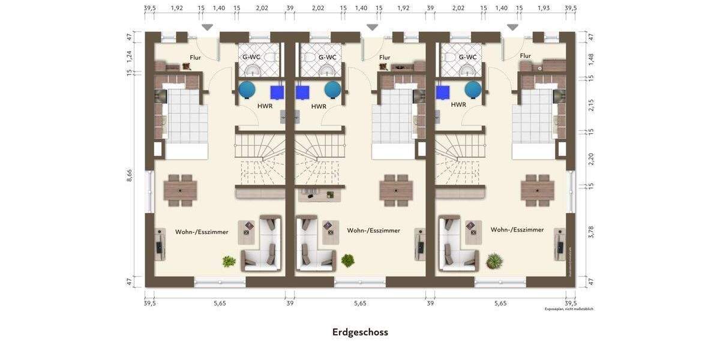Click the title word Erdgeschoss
pos(360,332)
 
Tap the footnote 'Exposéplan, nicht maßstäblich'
pos(569,309)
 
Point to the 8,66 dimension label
pos(130,175)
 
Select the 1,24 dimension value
pos(130,56)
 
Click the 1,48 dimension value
pos(591,59)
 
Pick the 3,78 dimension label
pos(591,232)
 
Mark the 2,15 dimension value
pos(591,105)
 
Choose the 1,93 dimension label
pos(543,8)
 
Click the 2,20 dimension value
pos(591,159)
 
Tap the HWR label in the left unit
pos(265,106)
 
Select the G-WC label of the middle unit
pos(328,58)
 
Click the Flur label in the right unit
pos(525,56)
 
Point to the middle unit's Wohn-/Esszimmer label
pos(373,230)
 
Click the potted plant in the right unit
pos(494,261)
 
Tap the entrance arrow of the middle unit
pos(372,28)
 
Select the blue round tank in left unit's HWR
pos(247,90)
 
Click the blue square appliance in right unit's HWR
pos(443,92)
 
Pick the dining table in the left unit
pos(180,191)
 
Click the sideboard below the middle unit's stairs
pos(320,194)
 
